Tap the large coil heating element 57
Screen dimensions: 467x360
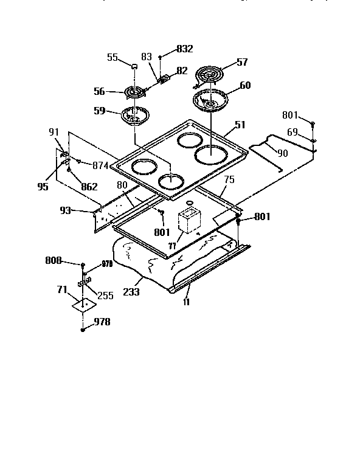point(210,76)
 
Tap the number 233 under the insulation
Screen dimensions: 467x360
point(131,292)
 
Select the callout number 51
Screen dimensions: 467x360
point(241,126)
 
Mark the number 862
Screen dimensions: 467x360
point(89,187)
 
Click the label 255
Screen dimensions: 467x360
point(106,296)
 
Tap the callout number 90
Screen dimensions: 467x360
point(282,153)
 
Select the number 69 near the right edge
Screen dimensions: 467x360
point(292,131)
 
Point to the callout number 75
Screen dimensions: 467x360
point(229,180)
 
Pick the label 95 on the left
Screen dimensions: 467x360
point(42,187)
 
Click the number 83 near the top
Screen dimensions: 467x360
point(146,57)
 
